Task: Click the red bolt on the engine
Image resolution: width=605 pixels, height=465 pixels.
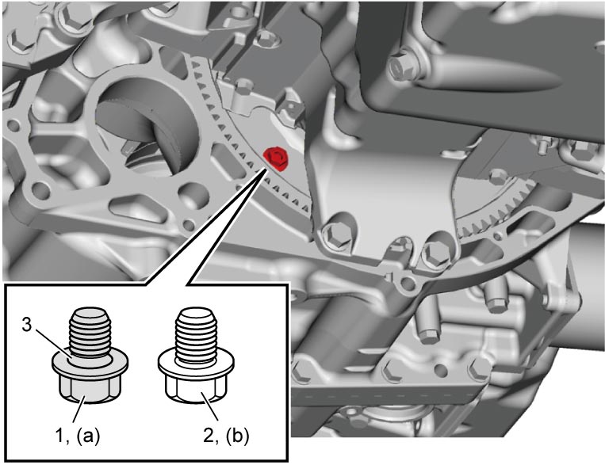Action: coord(276,158)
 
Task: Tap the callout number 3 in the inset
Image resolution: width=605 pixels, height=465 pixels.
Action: coord(26,325)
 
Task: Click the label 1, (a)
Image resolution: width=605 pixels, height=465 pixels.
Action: coord(77,436)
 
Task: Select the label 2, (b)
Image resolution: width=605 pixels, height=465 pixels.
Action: coord(226,436)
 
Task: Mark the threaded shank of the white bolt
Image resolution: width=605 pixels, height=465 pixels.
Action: coord(197,334)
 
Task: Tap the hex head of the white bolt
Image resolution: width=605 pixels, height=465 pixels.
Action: coord(197,390)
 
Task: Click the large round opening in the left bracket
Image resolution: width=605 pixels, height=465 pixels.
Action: coord(149,123)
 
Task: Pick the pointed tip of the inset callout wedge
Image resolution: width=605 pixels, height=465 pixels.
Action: coord(266,168)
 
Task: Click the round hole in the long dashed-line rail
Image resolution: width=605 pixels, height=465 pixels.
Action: coord(440,370)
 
